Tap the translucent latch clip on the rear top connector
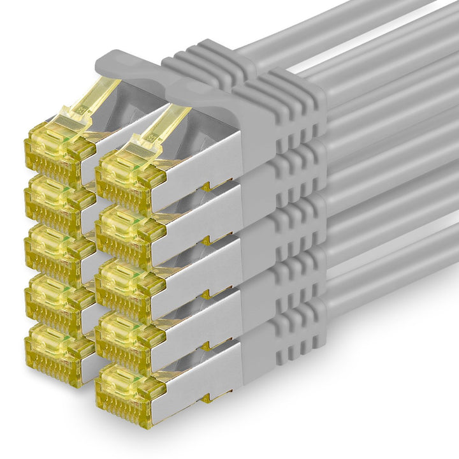pyautogui.click(x=89, y=102)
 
